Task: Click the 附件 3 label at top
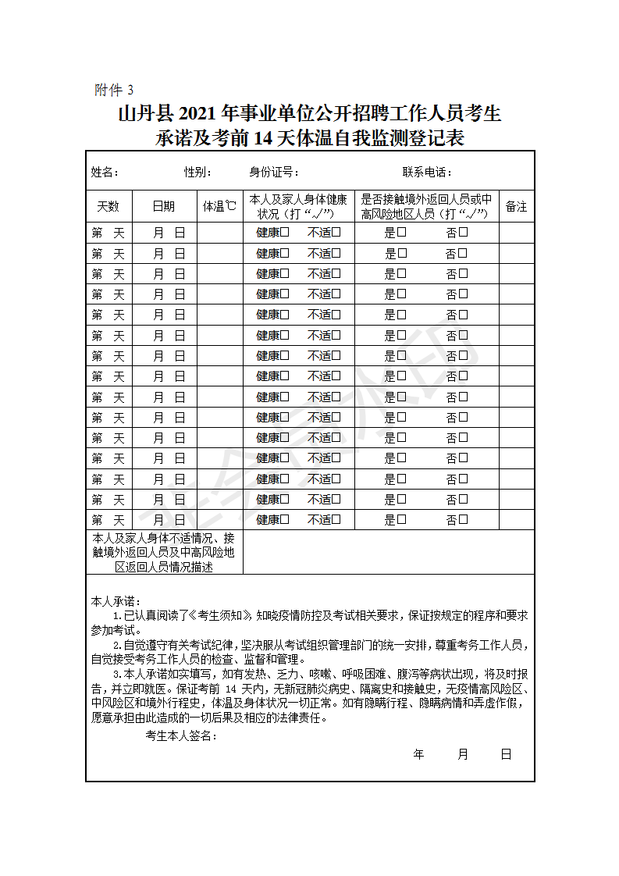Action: coord(114,90)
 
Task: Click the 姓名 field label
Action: coord(105,173)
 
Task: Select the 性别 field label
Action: coord(197,173)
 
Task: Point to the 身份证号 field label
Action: coord(274,173)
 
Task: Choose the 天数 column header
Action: coord(108,207)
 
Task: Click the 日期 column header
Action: coord(164,207)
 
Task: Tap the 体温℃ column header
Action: coord(219,207)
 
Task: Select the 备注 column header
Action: coord(516,207)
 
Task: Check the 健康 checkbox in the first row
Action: coord(285,232)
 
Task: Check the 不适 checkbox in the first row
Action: coord(336,232)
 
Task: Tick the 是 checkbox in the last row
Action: coord(402,519)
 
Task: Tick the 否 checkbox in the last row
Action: coord(463,519)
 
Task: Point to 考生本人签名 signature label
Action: coord(181,736)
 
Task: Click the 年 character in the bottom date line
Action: coord(418,754)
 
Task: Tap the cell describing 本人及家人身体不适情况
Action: coord(164,552)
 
